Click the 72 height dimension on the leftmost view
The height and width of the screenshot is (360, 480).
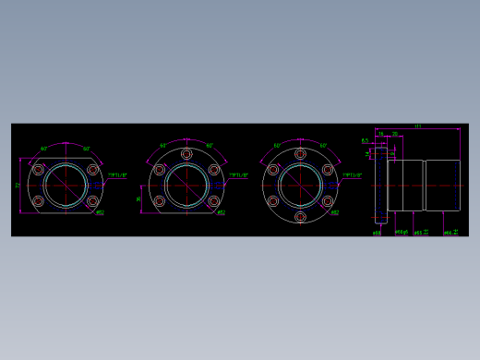coord(18,186)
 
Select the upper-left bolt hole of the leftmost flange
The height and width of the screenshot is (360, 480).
coord(39,170)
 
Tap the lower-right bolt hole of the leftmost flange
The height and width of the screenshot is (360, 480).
coord(92,200)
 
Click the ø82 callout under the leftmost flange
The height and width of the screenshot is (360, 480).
coord(100,212)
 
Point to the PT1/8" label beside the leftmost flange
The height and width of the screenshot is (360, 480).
coord(118,174)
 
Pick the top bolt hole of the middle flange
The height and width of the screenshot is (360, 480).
coord(186,154)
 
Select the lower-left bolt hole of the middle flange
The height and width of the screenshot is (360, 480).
coord(159,200)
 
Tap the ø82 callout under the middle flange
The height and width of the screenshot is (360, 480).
coord(221,212)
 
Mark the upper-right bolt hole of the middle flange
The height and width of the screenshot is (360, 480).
coord(214,170)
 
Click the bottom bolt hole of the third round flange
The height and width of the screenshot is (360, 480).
coord(300,217)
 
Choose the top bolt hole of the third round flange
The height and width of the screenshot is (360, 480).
coord(300,154)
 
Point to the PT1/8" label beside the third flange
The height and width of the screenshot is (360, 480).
coord(353,174)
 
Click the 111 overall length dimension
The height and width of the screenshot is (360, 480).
coord(417,126)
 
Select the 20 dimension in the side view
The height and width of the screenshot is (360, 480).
coord(395,134)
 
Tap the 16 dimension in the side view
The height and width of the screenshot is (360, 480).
coord(380,134)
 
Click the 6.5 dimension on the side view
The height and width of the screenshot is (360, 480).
coord(365,141)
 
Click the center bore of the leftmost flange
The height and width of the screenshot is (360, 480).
coord(66,185)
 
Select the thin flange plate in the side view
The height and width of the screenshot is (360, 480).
coord(380,185)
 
